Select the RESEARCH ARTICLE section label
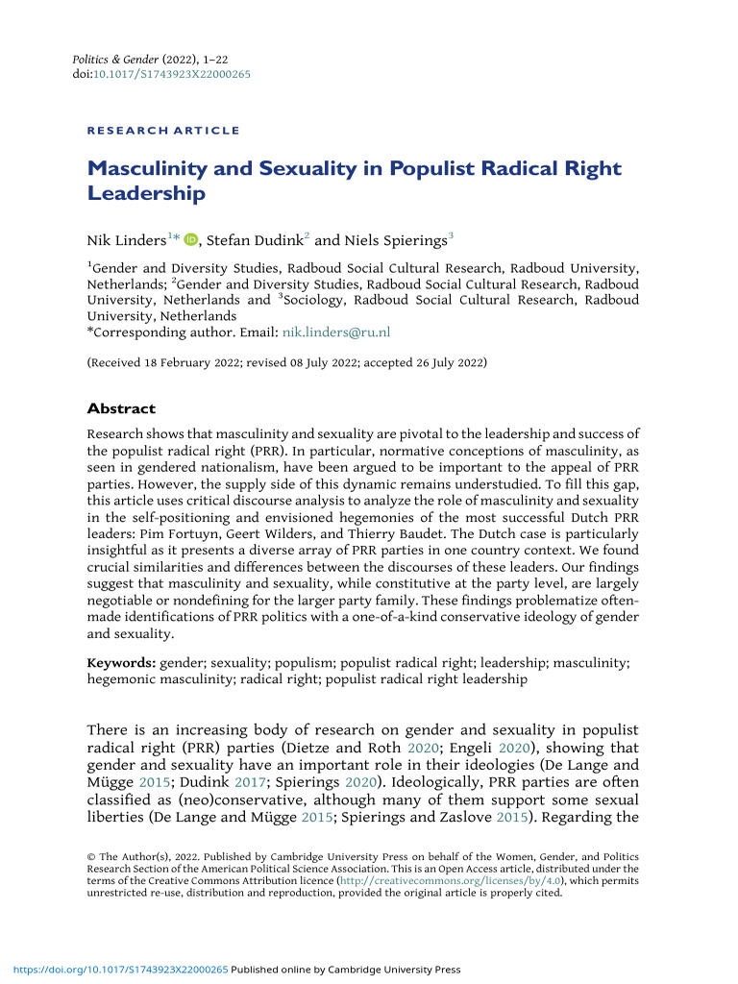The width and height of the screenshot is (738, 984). point(163,130)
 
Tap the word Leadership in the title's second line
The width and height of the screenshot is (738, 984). point(146,194)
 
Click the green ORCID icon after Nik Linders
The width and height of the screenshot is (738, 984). point(190,240)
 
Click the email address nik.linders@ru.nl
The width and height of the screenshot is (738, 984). point(335,332)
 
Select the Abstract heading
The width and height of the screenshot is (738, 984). point(121,408)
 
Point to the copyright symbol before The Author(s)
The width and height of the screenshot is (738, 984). point(92,855)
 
